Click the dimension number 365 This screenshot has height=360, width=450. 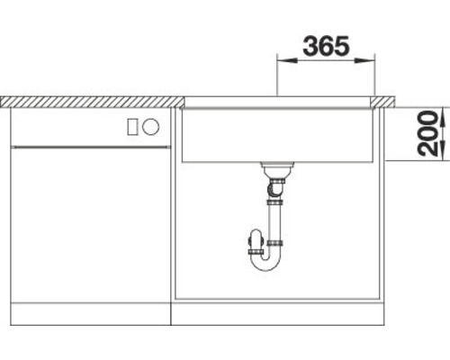325,46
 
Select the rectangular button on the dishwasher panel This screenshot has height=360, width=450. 133,127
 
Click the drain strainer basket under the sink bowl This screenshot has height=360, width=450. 275,169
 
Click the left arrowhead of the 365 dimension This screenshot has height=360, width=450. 280,61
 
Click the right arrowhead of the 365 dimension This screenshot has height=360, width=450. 372,61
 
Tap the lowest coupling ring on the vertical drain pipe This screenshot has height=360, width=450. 276,243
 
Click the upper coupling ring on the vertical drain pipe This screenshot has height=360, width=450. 276,202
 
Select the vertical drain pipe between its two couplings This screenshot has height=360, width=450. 276,222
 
